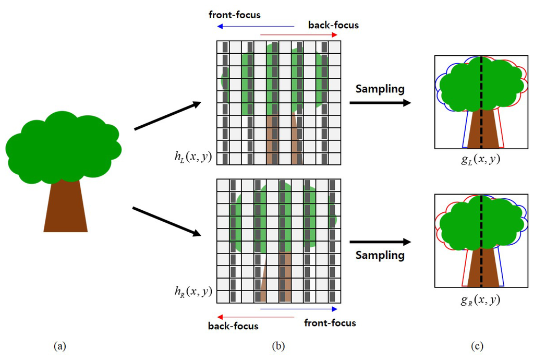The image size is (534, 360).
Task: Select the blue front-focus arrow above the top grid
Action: pos(256,26)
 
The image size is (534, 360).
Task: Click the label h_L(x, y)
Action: pos(193,155)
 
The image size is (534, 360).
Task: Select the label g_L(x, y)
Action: pos(480,160)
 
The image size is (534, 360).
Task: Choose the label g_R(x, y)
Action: pos(480,301)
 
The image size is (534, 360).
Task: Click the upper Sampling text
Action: pos(380,89)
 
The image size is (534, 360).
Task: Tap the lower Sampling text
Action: pos(380,255)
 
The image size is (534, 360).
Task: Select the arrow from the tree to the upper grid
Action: pos(167,116)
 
